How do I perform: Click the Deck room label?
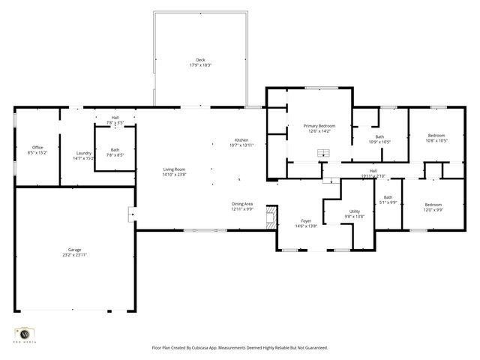(200, 60)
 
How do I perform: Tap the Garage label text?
(75, 249)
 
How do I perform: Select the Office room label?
(37, 147)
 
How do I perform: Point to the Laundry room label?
(83, 153)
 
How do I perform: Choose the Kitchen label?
(241, 140)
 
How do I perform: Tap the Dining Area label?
(241, 203)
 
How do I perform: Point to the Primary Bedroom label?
(319, 126)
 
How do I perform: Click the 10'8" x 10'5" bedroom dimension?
(436, 140)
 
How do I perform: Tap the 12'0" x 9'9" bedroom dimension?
(433, 209)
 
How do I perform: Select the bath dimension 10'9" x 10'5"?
(379, 142)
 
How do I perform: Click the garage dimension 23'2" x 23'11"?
(75, 255)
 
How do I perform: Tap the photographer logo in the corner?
(25, 334)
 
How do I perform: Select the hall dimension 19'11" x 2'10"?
(373, 176)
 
